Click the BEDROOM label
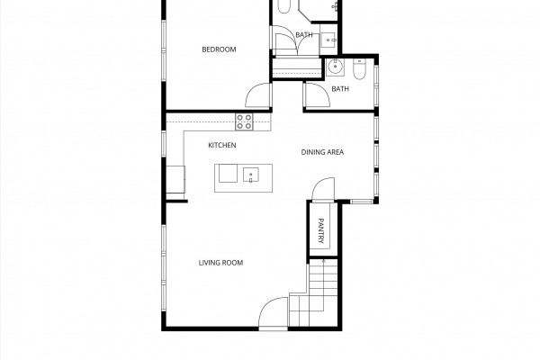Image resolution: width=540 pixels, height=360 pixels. (x=219, y=49)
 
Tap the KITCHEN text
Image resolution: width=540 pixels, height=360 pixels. (x=222, y=146)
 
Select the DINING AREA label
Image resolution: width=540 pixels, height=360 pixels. (x=322, y=152)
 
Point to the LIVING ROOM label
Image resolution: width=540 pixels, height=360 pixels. (x=220, y=263)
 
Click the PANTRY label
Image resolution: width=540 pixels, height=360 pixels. (x=320, y=230)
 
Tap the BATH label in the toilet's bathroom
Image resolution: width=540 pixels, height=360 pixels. (x=340, y=89)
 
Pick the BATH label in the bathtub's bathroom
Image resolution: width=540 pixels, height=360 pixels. (x=304, y=35)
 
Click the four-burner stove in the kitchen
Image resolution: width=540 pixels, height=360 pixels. (x=244, y=122)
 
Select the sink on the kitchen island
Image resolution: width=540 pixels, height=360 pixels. (x=251, y=175)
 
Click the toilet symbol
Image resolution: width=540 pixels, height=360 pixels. (x=359, y=69)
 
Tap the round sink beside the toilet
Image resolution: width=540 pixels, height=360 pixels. (x=335, y=67)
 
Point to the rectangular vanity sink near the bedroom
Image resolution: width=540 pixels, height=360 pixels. (x=329, y=40)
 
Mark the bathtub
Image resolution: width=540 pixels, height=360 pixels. (x=283, y=6)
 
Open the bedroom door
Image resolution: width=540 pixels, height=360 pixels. (x=258, y=95)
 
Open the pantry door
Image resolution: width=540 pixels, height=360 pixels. (x=323, y=189)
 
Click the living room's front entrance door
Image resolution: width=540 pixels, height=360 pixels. (x=273, y=311)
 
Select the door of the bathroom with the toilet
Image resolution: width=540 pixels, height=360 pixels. (x=317, y=94)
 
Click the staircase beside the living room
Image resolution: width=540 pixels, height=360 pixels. (x=313, y=292)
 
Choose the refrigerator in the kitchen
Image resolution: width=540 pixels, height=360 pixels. (x=175, y=179)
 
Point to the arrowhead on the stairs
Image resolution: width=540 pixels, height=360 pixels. (x=323, y=262)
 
